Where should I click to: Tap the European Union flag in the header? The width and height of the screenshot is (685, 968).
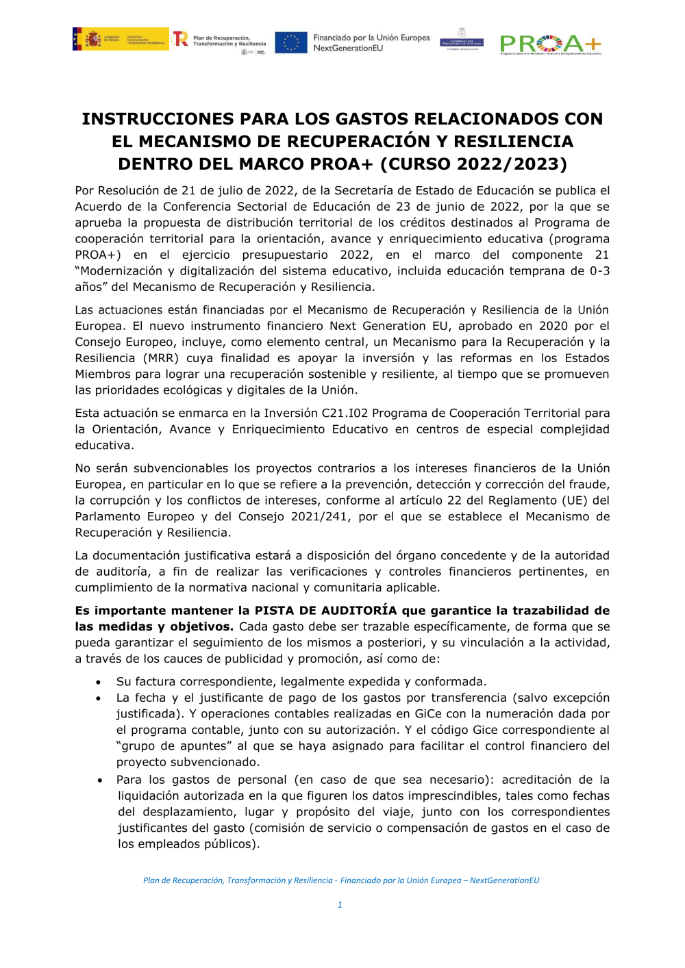[x=291, y=42]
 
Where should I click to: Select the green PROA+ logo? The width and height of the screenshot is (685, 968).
[x=550, y=44]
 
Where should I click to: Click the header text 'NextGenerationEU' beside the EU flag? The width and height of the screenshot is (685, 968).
[x=348, y=49]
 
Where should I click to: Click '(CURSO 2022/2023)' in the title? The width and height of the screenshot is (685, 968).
[x=474, y=164]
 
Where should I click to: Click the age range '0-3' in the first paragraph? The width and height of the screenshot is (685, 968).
[x=599, y=271]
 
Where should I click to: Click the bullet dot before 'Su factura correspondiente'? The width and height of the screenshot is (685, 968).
[x=99, y=683]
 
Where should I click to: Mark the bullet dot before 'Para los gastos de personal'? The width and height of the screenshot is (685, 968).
[x=100, y=780]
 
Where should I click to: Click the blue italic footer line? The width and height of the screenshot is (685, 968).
[x=341, y=880]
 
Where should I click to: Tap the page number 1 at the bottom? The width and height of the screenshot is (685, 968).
[x=340, y=905]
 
